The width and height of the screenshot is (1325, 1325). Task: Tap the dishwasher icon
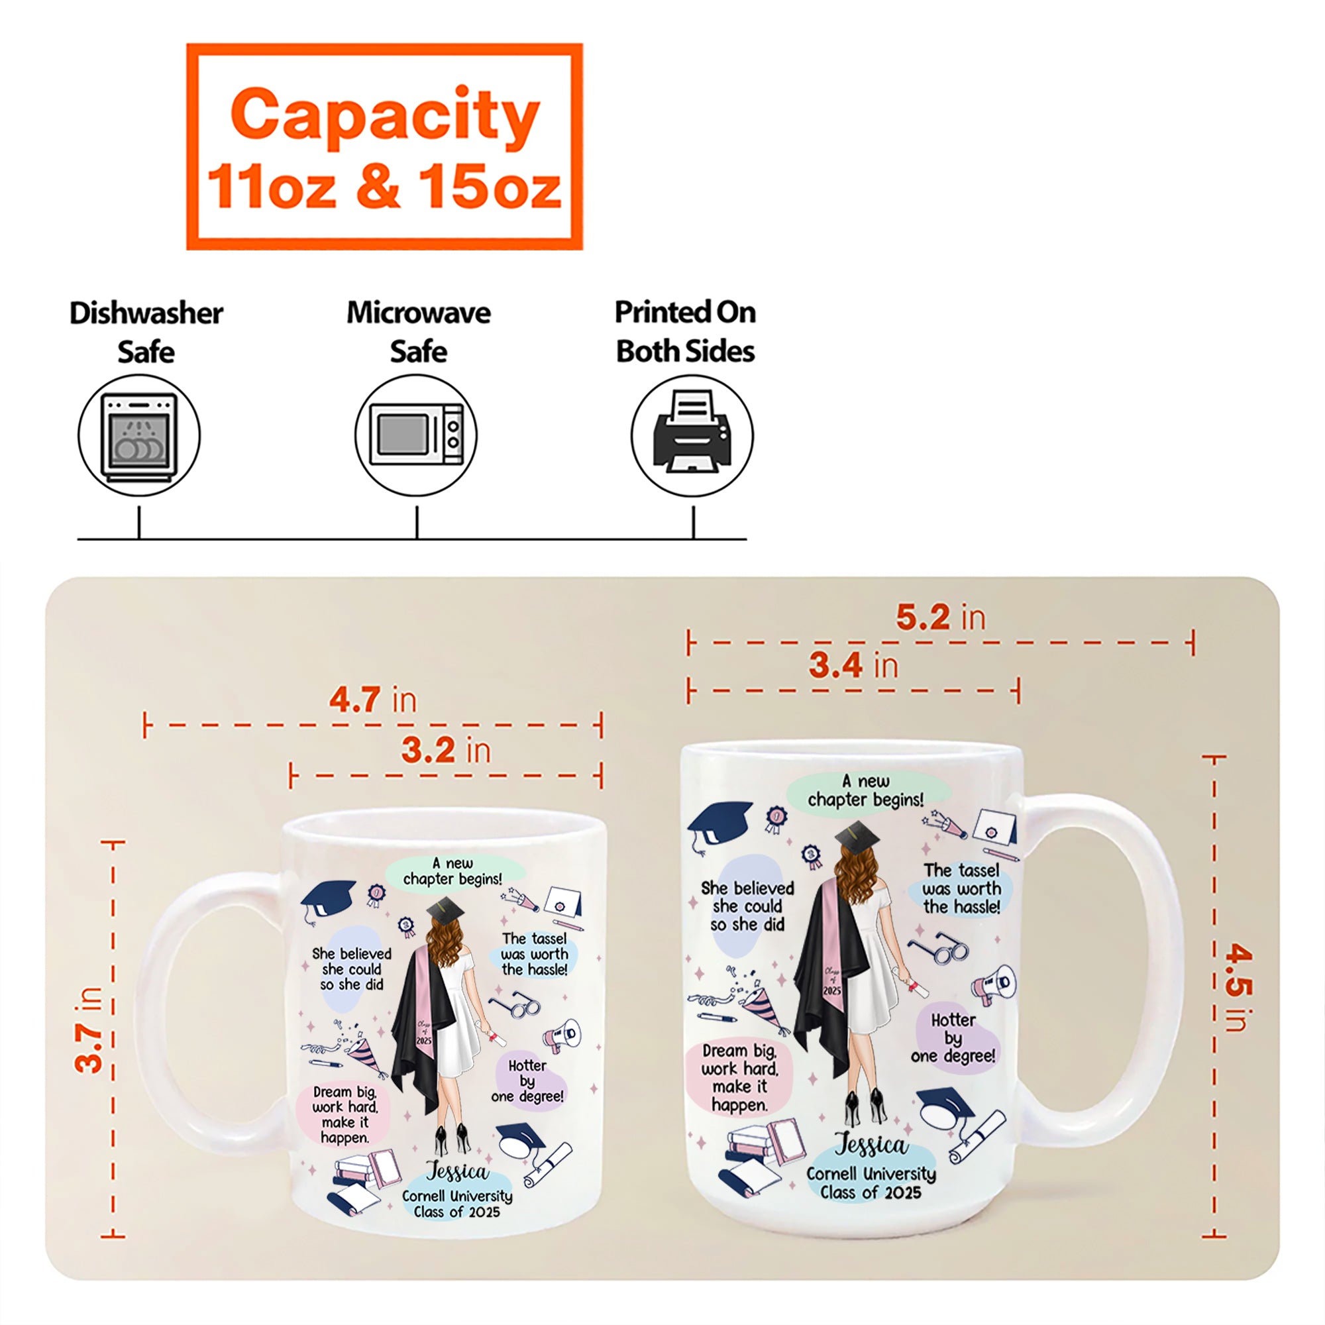pyautogui.click(x=139, y=435)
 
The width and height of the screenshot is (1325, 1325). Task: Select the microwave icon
pyautogui.click(x=416, y=435)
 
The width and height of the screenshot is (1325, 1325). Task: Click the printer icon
pyautogui.click(x=692, y=435)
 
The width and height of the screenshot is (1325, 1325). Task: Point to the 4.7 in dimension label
pyautogui.click(x=372, y=700)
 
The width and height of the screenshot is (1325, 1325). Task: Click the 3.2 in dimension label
pyautogui.click(x=446, y=751)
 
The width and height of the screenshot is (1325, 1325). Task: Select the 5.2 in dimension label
pyautogui.click(x=940, y=618)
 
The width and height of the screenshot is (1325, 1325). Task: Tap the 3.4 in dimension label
pyautogui.click(x=853, y=666)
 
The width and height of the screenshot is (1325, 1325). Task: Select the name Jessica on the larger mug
pyautogui.click(x=871, y=1144)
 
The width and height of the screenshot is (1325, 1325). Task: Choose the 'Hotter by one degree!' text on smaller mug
pyautogui.click(x=527, y=1081)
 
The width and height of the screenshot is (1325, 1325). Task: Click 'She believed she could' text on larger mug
pyautogui.click(x=747, y=906)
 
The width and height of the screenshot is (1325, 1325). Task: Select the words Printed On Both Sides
pyautogui.click(x=685, y=332)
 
